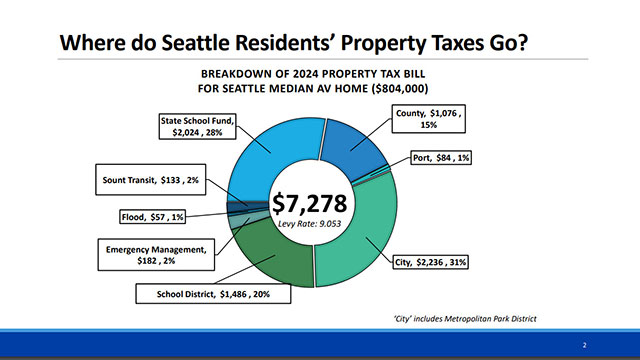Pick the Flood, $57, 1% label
point(140,214)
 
